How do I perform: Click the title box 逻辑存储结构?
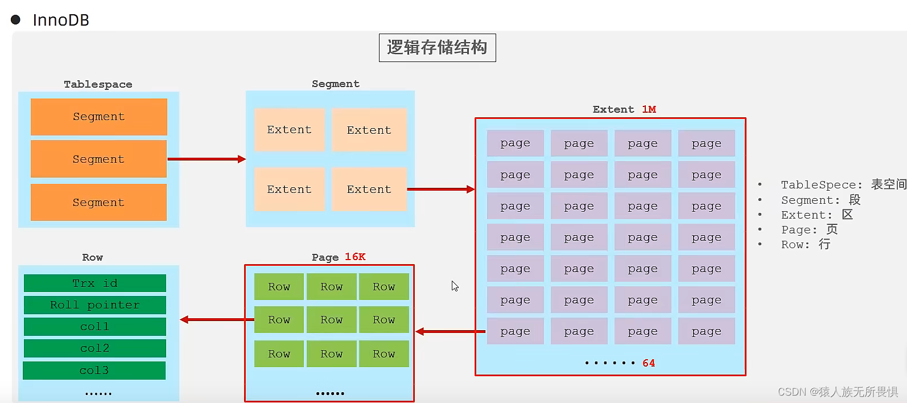coord(437,48)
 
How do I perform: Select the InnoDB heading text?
coord(61,20)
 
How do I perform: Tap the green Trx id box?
coord(95,283)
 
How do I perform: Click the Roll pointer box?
coord(95,305)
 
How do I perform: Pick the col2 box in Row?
coord(95,348)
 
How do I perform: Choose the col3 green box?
coord(94,371)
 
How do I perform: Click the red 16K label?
coord(355,257)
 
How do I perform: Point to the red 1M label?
coord(649,109)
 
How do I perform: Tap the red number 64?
coord(649,363)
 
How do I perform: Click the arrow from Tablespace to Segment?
coord(207,159)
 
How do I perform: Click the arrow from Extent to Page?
coord(451,331)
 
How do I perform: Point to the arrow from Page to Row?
coord(217,319)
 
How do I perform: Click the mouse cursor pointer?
coord(455,286)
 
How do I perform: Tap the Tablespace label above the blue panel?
coord(98,84)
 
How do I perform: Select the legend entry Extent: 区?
coord(817,215)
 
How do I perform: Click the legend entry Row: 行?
coord(805,245)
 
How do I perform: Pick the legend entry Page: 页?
coord(809,230)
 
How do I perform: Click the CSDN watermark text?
coord(838,392)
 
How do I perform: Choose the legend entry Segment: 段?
coord(820,200)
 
